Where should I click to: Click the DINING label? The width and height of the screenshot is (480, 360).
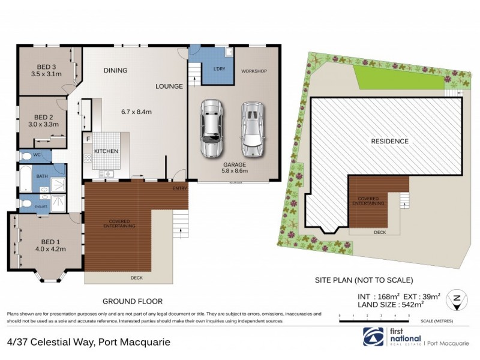tap(115, 70)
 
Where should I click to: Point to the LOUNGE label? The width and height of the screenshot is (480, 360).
tap(169, 86)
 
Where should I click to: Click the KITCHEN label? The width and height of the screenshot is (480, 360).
tap(106, 151)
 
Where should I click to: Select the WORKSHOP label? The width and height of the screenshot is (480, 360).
tap(254, 71)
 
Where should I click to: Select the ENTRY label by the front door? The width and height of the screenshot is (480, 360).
tap(180, 189)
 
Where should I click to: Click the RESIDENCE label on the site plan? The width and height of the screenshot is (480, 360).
tap(389, 142)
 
